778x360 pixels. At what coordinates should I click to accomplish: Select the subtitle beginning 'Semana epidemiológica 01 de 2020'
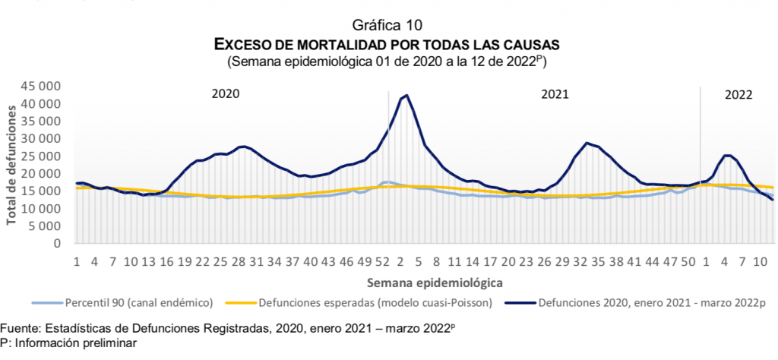(x=388, y=60)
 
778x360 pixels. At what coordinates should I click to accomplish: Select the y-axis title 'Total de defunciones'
(x=13, y=166)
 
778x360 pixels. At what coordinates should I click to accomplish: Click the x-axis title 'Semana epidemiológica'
(x=425, y=283)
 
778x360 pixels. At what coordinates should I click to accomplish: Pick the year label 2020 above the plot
(x=225, y=94)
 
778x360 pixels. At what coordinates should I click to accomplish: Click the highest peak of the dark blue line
(x=407, y=96)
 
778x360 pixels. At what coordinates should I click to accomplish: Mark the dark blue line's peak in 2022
(x=727, y=155)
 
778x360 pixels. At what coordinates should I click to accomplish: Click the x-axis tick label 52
(x=382, y=261)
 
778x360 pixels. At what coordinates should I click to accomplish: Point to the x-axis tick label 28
(x=239, y=261)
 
